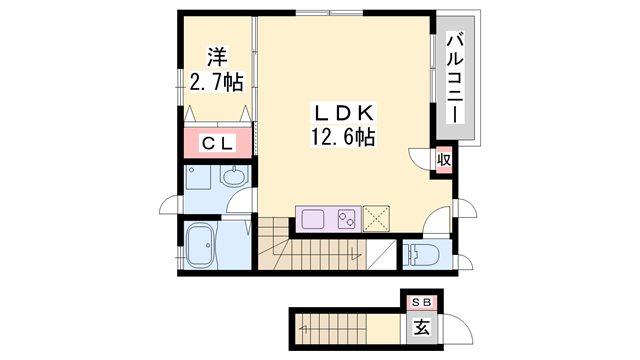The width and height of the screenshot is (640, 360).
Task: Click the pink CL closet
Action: click(218, 143)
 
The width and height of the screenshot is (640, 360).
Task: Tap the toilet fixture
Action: click(419, 253)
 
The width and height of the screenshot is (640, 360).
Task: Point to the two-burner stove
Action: click(347, 217)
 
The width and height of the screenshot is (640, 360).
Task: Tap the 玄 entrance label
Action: click(421, 326)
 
